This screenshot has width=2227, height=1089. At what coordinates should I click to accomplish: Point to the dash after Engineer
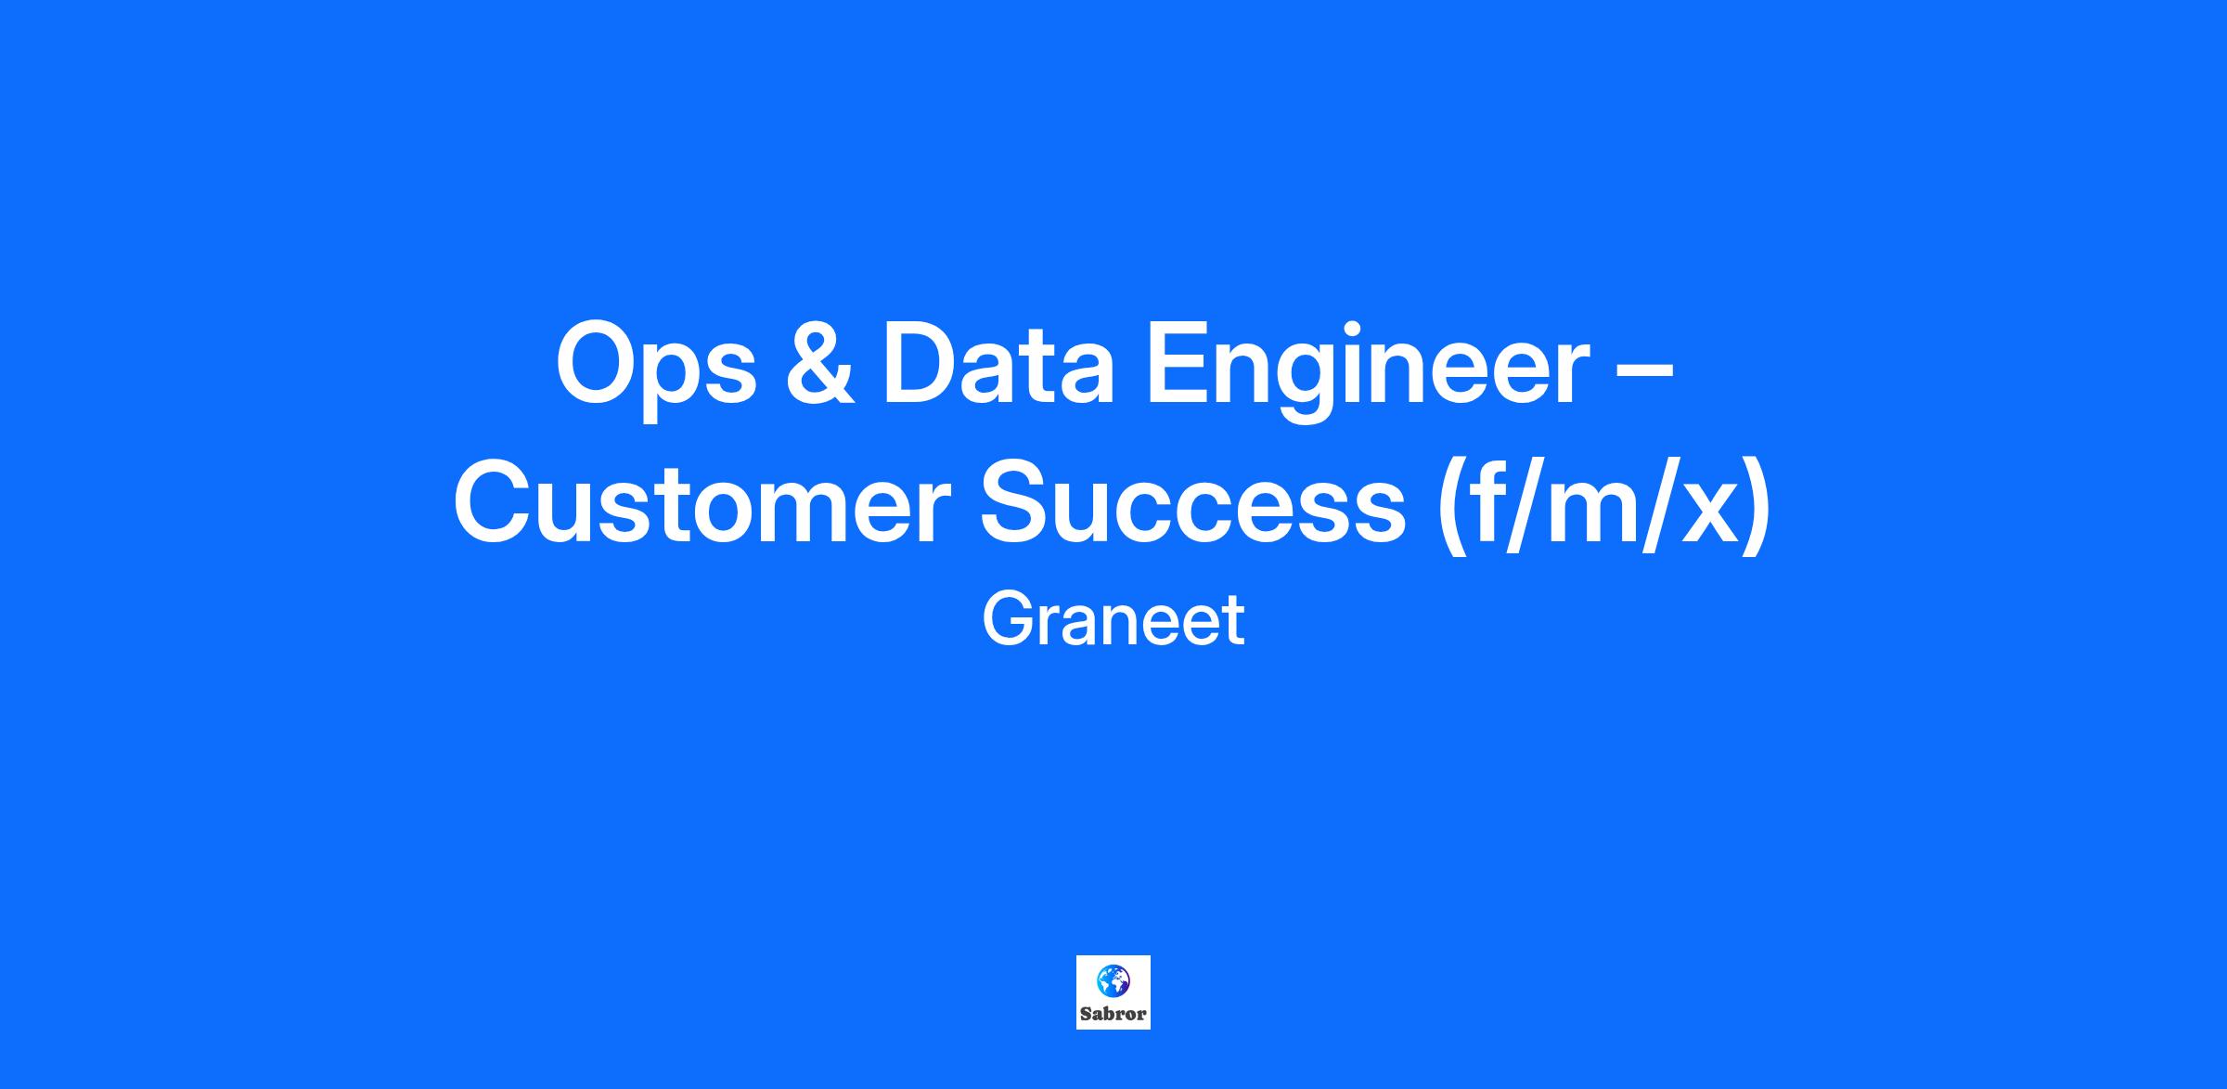click(1644, 373)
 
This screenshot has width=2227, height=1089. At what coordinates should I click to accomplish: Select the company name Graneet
click(1113, 620)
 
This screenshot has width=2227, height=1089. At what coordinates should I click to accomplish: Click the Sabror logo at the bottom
click(1113, 992)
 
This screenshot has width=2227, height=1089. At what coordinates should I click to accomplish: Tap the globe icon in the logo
click(1113, 979)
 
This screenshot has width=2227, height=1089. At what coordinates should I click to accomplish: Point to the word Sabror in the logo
click(1113, 1014)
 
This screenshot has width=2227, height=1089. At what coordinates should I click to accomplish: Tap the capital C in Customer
click(495, 503)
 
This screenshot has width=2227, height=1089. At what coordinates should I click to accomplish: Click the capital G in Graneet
click(1007, 620)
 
